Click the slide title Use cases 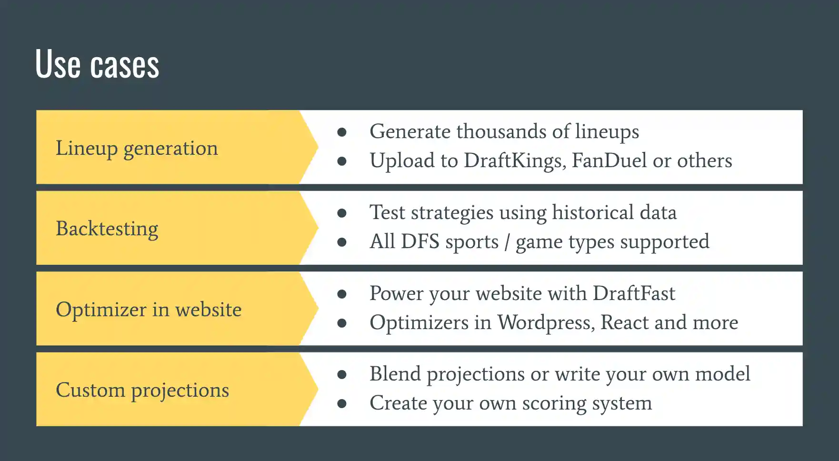[97, 64]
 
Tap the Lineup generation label [137, 148]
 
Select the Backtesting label [107, 229]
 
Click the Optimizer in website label [149, 310]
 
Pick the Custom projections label [142, 390]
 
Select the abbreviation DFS [420, 241]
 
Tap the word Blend [395, 374]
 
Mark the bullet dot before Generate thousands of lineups [341, 132]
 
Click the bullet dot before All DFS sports [341, 242]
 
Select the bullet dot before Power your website [341, 294]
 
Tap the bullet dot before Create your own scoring [341, 403]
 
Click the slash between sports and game [507, 241]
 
